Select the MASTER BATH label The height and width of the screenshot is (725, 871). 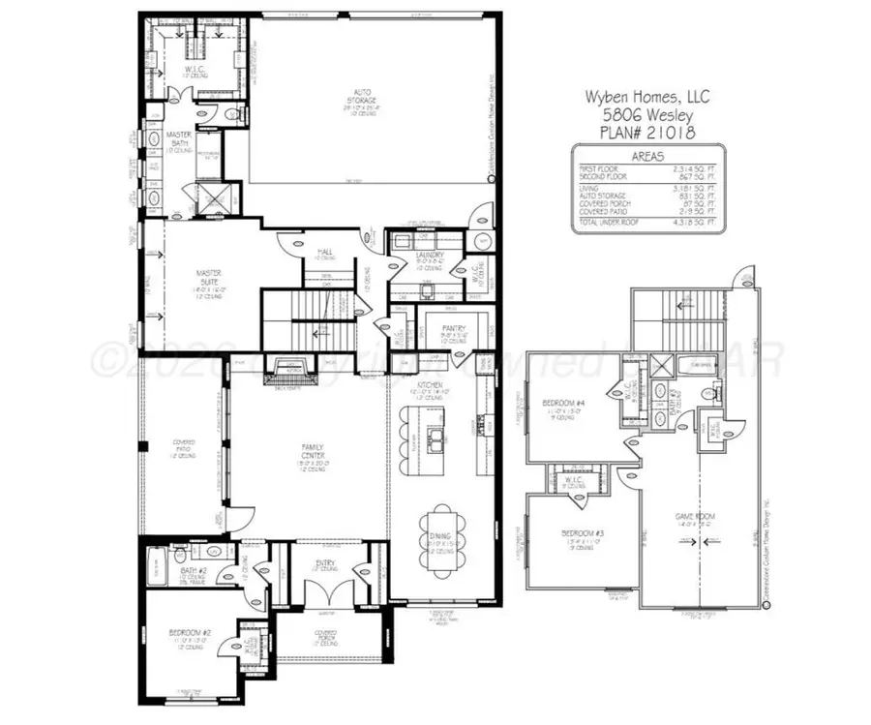click(x=178, y=139)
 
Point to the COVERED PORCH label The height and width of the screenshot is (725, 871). click(x=325, y=636)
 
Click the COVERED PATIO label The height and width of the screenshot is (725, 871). click(x=184, y=446)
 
